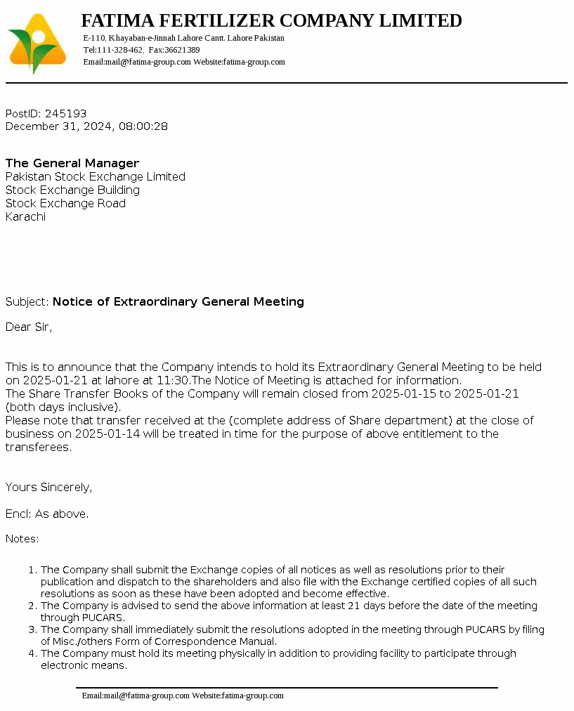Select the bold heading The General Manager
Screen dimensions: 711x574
(72, 163)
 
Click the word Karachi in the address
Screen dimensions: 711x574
(25, 216)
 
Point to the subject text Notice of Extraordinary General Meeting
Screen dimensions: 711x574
(178, 301)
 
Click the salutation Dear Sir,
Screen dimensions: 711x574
(29, 327)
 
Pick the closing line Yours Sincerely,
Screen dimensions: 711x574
(49, 487)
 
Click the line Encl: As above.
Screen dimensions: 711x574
(47, 514)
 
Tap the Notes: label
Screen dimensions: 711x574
(22, 539)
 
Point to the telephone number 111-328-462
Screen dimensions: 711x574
(120, 50)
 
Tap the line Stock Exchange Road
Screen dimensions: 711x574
(65, 203)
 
